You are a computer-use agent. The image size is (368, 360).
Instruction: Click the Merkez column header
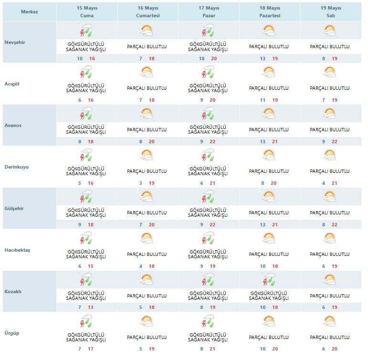(29, 12)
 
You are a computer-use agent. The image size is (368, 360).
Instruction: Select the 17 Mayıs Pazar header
(209, 12)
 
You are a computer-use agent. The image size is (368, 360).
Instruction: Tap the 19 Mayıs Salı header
(331, 12)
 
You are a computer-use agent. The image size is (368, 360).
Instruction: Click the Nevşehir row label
(15, 42)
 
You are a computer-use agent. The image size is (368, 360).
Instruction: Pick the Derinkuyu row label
(16, 167)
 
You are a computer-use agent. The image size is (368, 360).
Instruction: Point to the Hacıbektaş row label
(17, 250)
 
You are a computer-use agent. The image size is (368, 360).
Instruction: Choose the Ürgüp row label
(12, 333)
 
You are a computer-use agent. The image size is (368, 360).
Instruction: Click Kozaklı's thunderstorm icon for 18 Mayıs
(269, 279)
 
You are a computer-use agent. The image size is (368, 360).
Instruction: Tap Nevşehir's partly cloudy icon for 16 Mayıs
(147, 31)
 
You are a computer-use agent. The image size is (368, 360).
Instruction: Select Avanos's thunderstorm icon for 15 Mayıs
(86, 114)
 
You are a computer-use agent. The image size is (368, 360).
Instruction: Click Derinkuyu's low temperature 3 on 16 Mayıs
(141, 183)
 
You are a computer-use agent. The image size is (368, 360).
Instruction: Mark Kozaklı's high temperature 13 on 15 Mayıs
(91, 307)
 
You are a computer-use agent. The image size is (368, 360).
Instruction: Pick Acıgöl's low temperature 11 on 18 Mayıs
(263, 100)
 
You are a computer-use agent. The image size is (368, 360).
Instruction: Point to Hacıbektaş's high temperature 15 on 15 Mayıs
(91, 266)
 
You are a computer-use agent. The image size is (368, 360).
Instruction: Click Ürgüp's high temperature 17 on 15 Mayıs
(91, 349)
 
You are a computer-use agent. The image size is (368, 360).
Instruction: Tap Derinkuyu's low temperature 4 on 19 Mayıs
(324, 183)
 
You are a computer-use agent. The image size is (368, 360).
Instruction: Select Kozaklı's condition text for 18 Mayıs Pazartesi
(269, 296)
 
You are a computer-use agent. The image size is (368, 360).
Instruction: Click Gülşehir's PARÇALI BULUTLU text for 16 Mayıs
(147, 213)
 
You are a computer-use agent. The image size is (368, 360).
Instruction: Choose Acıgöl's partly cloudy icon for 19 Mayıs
(330, 72)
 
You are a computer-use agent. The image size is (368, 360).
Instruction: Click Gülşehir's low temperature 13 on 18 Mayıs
(263, 225)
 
